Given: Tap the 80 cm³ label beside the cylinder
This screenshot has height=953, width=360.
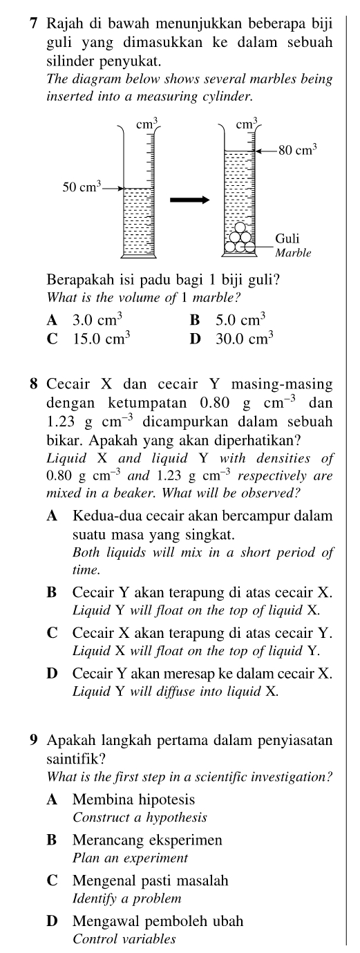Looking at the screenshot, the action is [297, 148].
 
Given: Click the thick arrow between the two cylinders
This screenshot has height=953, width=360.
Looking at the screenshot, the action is [189, 200].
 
